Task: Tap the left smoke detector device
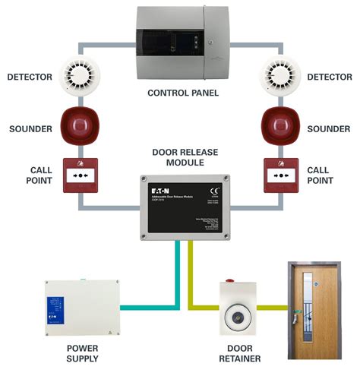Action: coord(79,74)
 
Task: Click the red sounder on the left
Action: coord(79,125)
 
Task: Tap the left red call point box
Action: coord(80,175)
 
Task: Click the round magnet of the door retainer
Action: coord(239,313)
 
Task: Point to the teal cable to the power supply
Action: coord(152,308)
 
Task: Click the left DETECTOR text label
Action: coord(30,77)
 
